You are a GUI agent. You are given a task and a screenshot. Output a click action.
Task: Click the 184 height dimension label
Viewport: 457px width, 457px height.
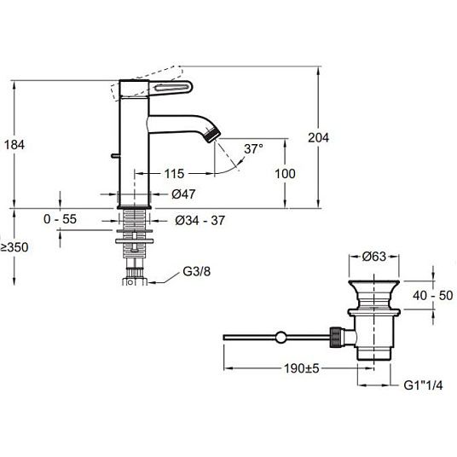point(14,145)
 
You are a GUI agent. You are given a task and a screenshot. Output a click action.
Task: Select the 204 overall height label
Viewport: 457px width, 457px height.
point(319,137)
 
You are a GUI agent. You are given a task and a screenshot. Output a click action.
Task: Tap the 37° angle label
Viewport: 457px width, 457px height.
point(253,148)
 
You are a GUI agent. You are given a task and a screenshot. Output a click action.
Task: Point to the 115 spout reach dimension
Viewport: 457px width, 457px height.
point(174,174)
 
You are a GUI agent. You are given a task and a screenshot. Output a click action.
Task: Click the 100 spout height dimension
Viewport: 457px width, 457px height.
point(285,174)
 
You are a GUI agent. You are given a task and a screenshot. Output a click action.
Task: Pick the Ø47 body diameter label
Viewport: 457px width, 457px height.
point(183,194)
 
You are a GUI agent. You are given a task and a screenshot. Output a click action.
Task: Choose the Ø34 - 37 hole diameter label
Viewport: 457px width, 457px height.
point(200,220)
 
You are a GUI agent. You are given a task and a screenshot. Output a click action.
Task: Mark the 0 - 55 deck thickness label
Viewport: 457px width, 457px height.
point(60,219)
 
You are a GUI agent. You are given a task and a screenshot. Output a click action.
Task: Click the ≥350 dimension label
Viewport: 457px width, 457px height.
point(14,247)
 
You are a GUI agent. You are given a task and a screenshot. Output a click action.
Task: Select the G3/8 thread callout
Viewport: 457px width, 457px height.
point(196,272)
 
